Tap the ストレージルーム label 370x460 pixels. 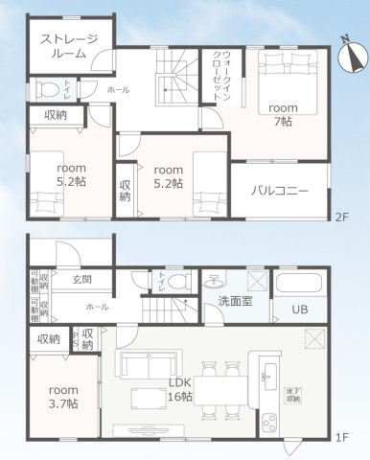(68, 46)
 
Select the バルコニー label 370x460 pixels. (280, 191)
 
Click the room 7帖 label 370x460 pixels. (283, 115)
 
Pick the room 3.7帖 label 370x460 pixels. (64, 397)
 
